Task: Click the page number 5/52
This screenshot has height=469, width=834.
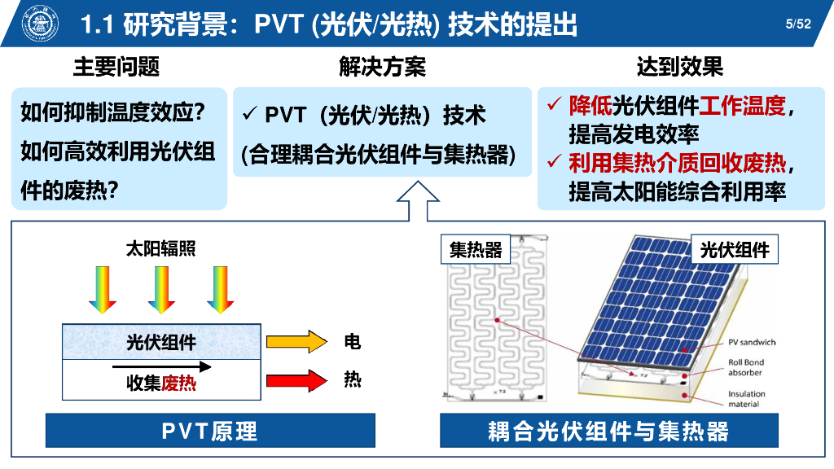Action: (798, 24)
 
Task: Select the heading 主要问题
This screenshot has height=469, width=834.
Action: (116, 67)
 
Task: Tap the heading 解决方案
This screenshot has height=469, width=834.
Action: (383, 67)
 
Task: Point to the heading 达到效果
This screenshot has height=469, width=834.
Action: (679, 67)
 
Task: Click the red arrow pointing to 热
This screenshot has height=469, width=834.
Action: (295, 380)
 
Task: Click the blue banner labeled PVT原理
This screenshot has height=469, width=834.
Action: (210, 430)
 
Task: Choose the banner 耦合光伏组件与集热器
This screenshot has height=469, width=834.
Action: (608, 430)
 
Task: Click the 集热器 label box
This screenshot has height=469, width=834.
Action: (476, 250)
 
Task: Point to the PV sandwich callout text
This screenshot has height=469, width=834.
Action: (752, 343)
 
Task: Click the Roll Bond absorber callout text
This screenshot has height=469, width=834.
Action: (746, 368)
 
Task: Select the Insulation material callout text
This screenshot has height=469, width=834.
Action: (746, 399)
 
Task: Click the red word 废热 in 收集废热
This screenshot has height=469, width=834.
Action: (178, 383)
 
